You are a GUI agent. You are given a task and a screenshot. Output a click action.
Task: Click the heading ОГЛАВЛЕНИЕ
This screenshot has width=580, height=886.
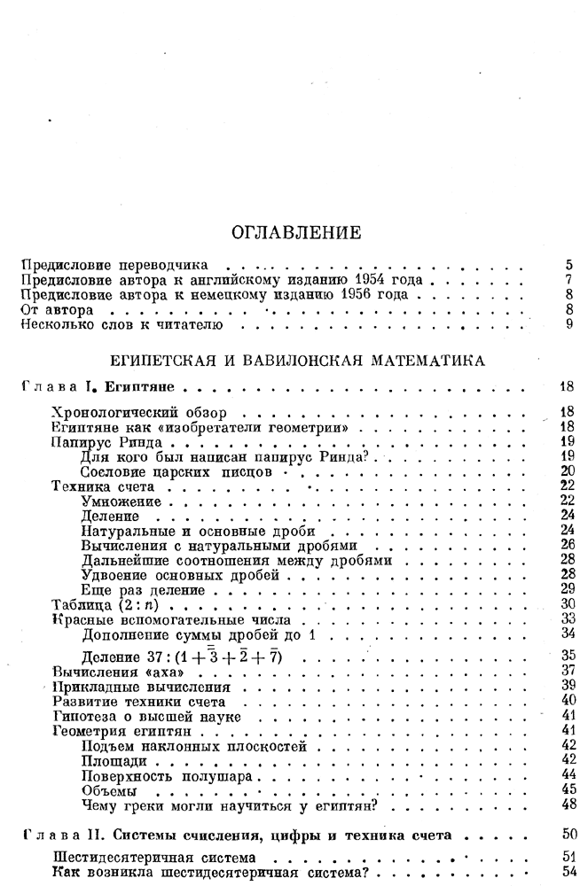coord(290,233)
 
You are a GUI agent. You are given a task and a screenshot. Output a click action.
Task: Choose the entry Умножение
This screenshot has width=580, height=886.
coord(121,501)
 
